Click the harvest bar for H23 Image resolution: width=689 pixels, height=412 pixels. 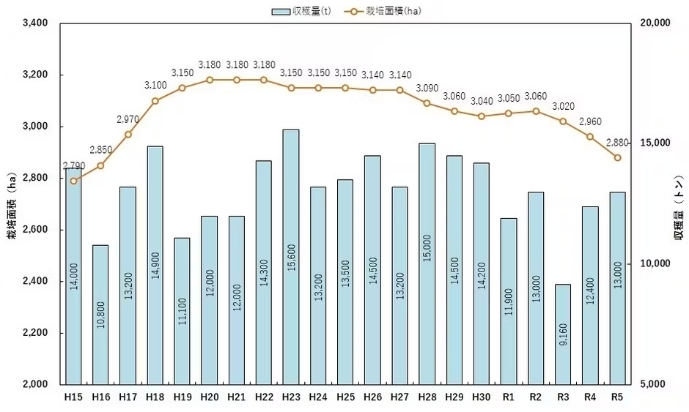point(290,256)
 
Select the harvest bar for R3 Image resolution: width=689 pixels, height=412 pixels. point(563,334)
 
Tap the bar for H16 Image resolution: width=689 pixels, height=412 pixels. point(100,315)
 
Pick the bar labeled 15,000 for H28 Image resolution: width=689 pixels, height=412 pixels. point(427,263)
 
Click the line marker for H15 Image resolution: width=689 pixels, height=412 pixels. point(73,181)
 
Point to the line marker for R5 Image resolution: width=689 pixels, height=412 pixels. point(617,158)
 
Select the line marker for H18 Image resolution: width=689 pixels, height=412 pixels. point(155,101)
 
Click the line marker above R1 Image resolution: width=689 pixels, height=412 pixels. point(509,113)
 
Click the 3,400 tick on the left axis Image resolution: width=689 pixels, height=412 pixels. point(35,23)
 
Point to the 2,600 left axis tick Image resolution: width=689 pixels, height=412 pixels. point(35,230)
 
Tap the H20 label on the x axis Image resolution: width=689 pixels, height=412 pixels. point(209,397)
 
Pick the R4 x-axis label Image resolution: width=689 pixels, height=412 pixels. point(590,397)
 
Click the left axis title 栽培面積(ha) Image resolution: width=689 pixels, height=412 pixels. point(11,205)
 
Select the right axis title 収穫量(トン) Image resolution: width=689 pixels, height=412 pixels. point(678,205)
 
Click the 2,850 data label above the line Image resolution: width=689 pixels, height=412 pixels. point(101,150)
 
